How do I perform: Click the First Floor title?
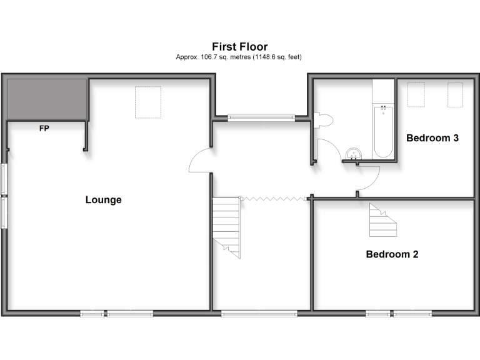click(x=239, y=46)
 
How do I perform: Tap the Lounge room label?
click(x=103, y=200)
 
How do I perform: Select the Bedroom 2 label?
click(x=392, y=254)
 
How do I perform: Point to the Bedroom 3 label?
click(x=432, y=137)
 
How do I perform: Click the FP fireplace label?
click(x=44, y=129)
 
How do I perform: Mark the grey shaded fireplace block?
click(x=46, y=98)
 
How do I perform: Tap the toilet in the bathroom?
click(x=320, y=120)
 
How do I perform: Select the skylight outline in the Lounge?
click(x=149, y=102)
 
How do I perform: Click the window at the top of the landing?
click(x=261, y=116)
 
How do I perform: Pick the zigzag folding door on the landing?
click(x=274, y=199)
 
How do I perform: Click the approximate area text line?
click(x=239, y=57)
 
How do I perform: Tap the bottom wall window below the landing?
click(x=259, y=313)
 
